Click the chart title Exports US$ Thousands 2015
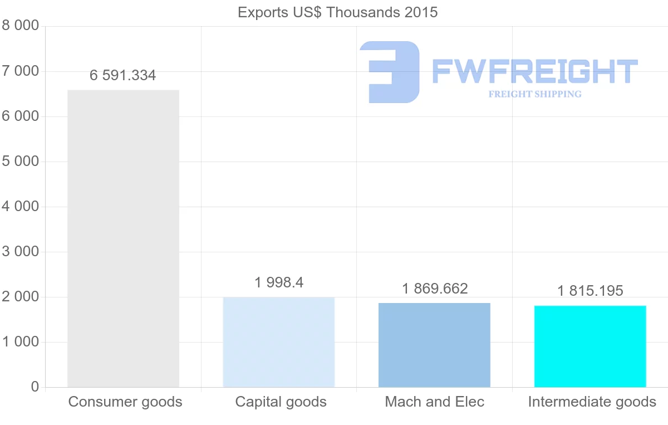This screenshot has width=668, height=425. tap(337, 12)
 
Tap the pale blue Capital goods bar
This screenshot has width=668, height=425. tap(278, 342)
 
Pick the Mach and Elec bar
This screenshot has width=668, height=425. tap(434, 345)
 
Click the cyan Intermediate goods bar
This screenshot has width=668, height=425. tap(590, 346)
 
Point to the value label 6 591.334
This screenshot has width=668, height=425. tap(123, 76)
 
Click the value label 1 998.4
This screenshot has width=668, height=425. tap(279, 282)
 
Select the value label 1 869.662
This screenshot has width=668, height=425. tap(435, 289)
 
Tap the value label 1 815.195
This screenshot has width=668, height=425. tap(590, 291)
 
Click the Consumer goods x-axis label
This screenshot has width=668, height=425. tap(125, 402)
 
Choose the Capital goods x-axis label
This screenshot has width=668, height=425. tap(281, 402)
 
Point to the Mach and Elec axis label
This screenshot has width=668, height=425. tap(435, 402)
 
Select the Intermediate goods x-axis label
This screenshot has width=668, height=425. tap(592, 402)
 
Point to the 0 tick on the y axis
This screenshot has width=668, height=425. tap(35, 387)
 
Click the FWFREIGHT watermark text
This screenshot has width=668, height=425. tap(534, 72)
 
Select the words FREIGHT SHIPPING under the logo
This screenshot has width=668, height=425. tap(535, 94)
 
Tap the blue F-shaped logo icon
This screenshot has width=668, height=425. tap(390, 72)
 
